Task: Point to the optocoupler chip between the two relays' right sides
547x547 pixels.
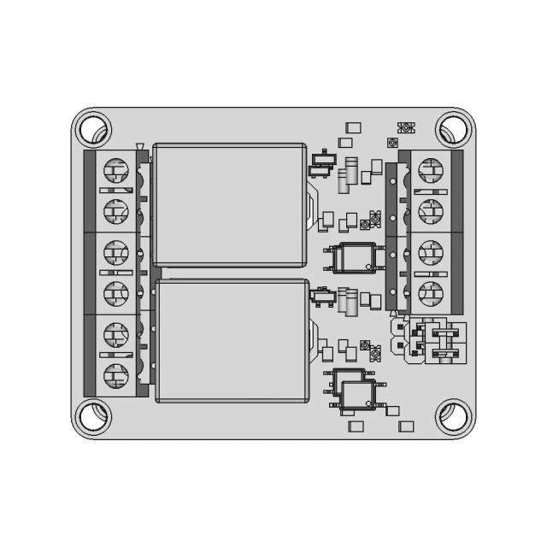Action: click(x=355, y=256)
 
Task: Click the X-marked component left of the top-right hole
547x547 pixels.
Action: click(x=406, y=127)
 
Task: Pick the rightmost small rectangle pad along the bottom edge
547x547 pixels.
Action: click(x=407, y=425)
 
